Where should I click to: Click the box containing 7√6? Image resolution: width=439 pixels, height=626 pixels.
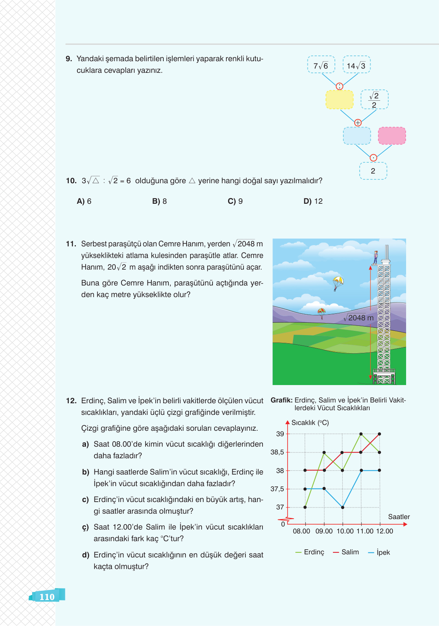(x=321, y=65)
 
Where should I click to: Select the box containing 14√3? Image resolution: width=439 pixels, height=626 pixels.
(x=357, y=65)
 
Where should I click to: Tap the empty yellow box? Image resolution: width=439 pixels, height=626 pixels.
(x=339, y=100)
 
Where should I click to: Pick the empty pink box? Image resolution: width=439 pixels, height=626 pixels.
(x=392, y=136)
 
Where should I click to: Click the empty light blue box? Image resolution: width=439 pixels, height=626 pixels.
(x=357, y=136)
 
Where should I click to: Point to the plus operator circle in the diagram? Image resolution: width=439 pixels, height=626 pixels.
(x=358, y=122)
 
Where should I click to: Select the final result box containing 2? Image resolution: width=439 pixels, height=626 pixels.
(x=373, y=171)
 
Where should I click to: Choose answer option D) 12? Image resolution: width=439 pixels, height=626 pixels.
(x=313, y=201)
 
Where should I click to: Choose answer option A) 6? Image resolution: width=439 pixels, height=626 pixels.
(x=84, y=201)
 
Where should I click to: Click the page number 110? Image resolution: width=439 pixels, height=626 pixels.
(x=47, y=597)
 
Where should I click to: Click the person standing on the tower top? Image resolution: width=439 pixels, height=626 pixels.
(x=376, y=257)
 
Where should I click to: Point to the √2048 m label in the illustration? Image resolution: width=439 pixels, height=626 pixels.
(x=359, y=318)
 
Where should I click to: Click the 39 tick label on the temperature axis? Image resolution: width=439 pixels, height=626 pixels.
(x=280, y=434)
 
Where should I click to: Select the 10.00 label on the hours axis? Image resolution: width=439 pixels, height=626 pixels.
(x=345, y=531)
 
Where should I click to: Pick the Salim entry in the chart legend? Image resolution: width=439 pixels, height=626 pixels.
(x=346, y=552)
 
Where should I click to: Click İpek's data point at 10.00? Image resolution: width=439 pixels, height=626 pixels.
(x=343, y=507)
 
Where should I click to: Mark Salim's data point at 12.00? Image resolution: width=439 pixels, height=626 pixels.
(x=379, y=434)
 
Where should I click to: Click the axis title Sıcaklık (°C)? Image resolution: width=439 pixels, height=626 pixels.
(x=310, y=423)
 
